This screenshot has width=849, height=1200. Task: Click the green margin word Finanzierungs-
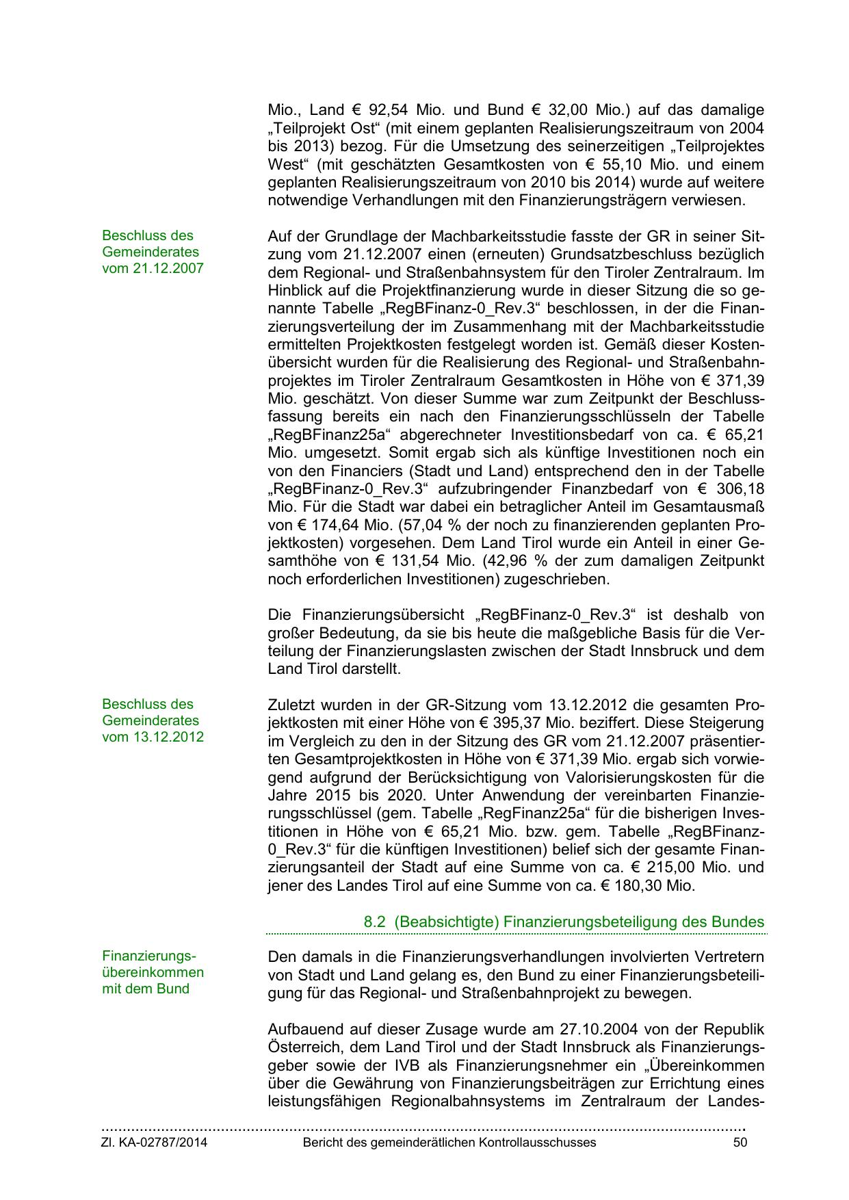pos(149,956)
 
